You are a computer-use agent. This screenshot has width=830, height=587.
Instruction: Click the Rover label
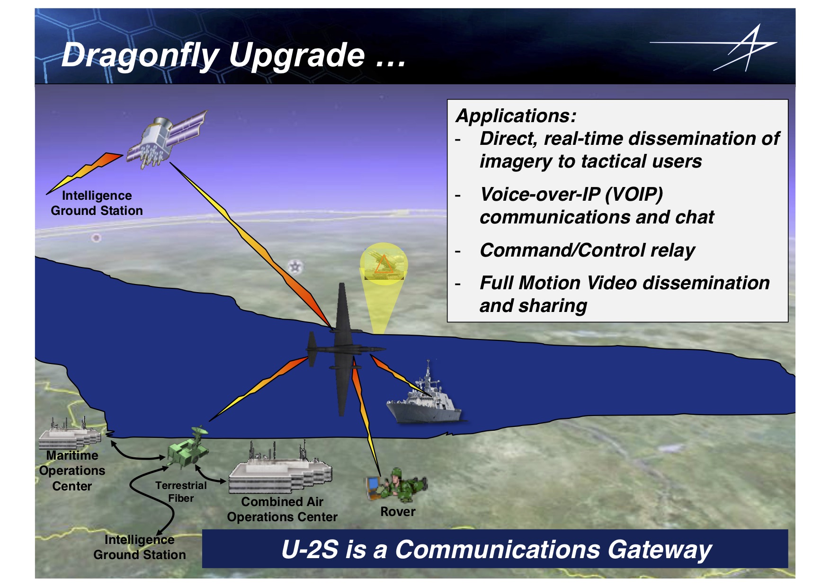pyautogui.click(x=398, y=512)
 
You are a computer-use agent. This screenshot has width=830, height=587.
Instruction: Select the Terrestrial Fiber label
pyautogui.click(x=181, y=492)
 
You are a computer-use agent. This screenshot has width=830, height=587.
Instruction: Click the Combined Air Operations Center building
pyautogui.click(x=280, y=473)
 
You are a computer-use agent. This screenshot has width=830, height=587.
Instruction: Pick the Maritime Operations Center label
pyautogui.click(x=72, y=471)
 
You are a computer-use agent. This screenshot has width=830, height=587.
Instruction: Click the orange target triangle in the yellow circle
pyautogui.click(x=383, y=265)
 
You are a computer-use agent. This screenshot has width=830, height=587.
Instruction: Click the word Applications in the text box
pyautogui.click(x=516, y=116)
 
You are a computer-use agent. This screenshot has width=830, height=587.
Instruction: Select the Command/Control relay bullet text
pyautogui.click(x=587, y=250)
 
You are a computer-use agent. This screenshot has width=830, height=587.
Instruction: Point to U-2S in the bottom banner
pyautogui.click(x=310, y=550)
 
